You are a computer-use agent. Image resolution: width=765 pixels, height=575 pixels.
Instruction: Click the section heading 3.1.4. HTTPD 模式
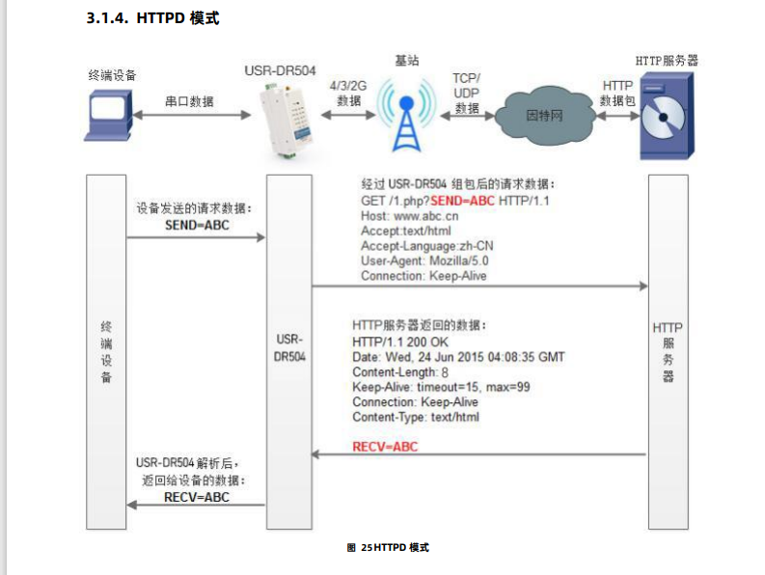tap(152, 18)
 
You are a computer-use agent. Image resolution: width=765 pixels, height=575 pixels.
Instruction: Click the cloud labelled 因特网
tap(542, 117)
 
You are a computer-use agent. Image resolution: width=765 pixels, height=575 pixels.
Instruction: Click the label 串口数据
tap(189, 100)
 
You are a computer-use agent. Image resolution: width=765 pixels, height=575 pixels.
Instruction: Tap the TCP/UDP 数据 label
tap(467, 93)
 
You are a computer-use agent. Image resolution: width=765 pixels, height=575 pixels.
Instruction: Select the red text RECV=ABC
tap(386, 447)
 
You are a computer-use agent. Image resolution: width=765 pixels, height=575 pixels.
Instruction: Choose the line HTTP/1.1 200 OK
tap(399, 342)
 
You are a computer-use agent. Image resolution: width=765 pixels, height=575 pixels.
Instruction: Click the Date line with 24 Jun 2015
tap(458, 357)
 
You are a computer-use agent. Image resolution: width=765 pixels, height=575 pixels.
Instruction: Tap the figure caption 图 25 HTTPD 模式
tap(387, 547)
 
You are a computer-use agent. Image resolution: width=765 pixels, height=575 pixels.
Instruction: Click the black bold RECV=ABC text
tap(197, 497)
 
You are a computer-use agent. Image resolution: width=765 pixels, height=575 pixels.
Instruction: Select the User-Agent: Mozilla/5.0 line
tap(424, 260)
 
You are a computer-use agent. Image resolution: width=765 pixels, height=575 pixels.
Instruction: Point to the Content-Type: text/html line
tap(415, 418)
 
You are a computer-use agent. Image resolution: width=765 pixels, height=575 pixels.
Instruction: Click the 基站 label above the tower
tap(407, 60)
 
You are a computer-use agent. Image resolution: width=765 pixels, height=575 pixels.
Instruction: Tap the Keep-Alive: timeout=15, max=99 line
tap(441, 387)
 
